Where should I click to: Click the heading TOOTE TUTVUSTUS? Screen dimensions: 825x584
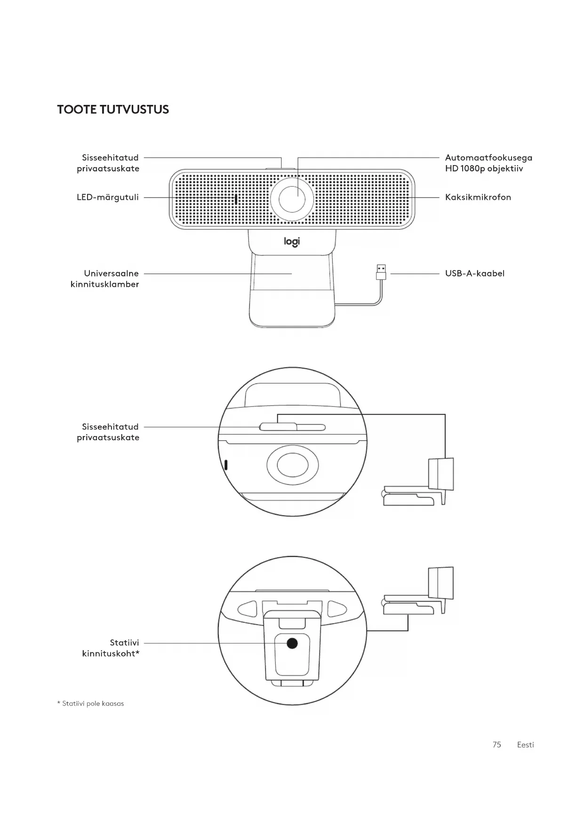113,110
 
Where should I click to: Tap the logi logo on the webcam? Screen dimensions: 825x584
292,242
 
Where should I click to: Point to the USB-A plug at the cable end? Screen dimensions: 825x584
381,272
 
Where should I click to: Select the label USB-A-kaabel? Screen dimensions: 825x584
474,273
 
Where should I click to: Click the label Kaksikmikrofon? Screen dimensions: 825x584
478,197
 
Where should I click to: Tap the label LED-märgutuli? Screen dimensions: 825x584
108,197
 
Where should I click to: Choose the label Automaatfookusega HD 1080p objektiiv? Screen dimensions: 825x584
488,163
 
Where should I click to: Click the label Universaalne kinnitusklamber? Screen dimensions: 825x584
105,278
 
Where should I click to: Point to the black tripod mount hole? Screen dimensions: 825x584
292,643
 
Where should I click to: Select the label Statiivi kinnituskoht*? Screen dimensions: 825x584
111,648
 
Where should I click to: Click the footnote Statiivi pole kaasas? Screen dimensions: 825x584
91,704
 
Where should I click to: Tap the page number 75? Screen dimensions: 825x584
496,745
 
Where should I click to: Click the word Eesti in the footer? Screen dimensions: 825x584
525,745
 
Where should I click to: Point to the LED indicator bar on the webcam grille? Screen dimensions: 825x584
236,199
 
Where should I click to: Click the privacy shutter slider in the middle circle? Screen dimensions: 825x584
278,427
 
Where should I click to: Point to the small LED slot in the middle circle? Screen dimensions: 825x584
226,465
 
